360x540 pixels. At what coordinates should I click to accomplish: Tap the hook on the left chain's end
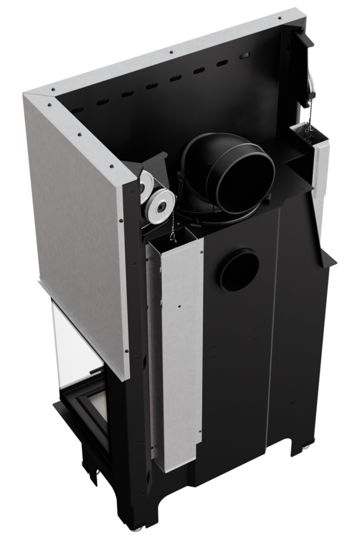click(x=173, y=235)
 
